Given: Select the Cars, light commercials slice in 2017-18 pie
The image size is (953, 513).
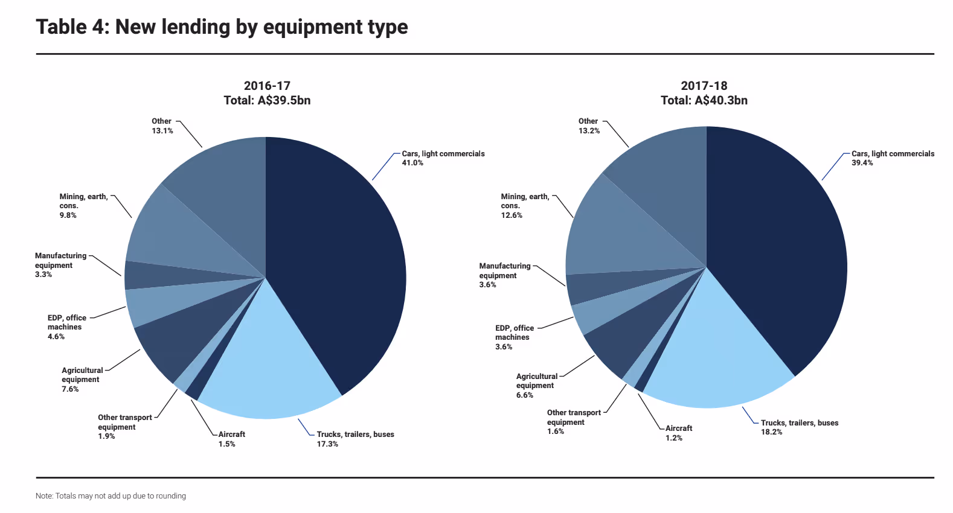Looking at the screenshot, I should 779,253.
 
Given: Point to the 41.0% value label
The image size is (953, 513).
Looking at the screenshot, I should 412,163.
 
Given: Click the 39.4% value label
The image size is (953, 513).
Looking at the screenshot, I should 862,163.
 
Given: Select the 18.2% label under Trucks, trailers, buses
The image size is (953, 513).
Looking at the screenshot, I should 771,432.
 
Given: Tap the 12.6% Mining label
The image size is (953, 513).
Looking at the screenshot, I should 512,215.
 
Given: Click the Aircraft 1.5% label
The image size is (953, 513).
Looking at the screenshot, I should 231,439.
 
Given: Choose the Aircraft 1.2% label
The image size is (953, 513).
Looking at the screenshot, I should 678,433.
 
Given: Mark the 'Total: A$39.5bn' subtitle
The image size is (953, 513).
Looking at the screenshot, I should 267,101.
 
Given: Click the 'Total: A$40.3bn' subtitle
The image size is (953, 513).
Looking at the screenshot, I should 704,101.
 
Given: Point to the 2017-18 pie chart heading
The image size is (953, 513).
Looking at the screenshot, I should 704,86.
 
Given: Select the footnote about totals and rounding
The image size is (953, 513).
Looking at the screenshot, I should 111,496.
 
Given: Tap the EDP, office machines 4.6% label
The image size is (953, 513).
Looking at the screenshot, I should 66,327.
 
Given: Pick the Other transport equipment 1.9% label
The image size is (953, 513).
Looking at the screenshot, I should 124,427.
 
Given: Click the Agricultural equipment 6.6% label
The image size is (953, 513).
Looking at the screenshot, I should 536,386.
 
